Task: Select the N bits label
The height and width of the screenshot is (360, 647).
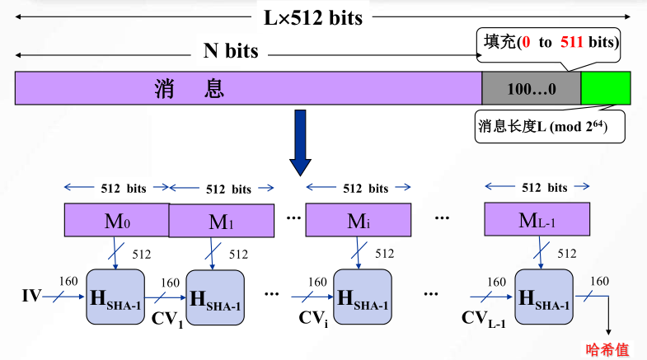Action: coord(231,52)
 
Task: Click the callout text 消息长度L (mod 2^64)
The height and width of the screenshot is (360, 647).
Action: coord(547,129)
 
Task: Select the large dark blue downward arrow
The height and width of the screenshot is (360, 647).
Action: coord(302,144)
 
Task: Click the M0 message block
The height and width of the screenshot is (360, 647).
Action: coord(116,220)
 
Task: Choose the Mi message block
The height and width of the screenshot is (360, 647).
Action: coord(359,220)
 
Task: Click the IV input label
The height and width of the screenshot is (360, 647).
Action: coord(31,294)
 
